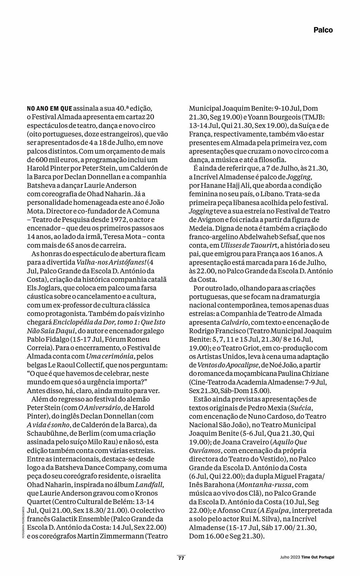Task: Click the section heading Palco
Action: [323, 30]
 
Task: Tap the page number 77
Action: [181, 558]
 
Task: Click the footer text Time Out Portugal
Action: [318, 557]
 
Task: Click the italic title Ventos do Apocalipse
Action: [228, 365]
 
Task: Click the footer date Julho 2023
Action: [290, 557]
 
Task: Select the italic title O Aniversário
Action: [96, 408]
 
